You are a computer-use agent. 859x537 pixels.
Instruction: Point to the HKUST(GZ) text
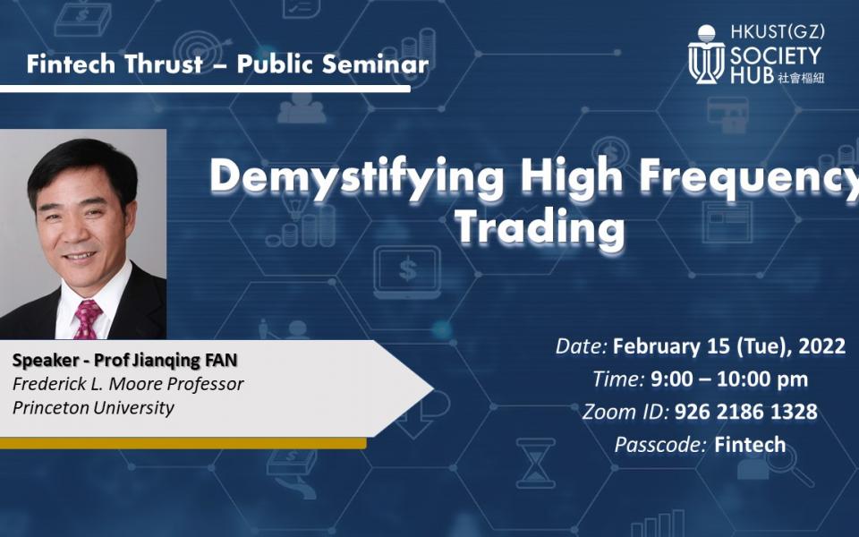pos(777,32)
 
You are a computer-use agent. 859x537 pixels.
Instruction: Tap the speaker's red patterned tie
pos(88,319)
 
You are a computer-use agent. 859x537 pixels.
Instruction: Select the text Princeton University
pos(94,408)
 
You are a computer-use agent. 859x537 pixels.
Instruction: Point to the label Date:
pos(582,346)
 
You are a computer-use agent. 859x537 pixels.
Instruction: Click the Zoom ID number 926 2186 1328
pos(745,412)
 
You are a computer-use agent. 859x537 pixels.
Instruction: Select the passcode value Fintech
pos(750,444)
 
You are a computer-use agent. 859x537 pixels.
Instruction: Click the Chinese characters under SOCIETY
pos(802,78)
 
